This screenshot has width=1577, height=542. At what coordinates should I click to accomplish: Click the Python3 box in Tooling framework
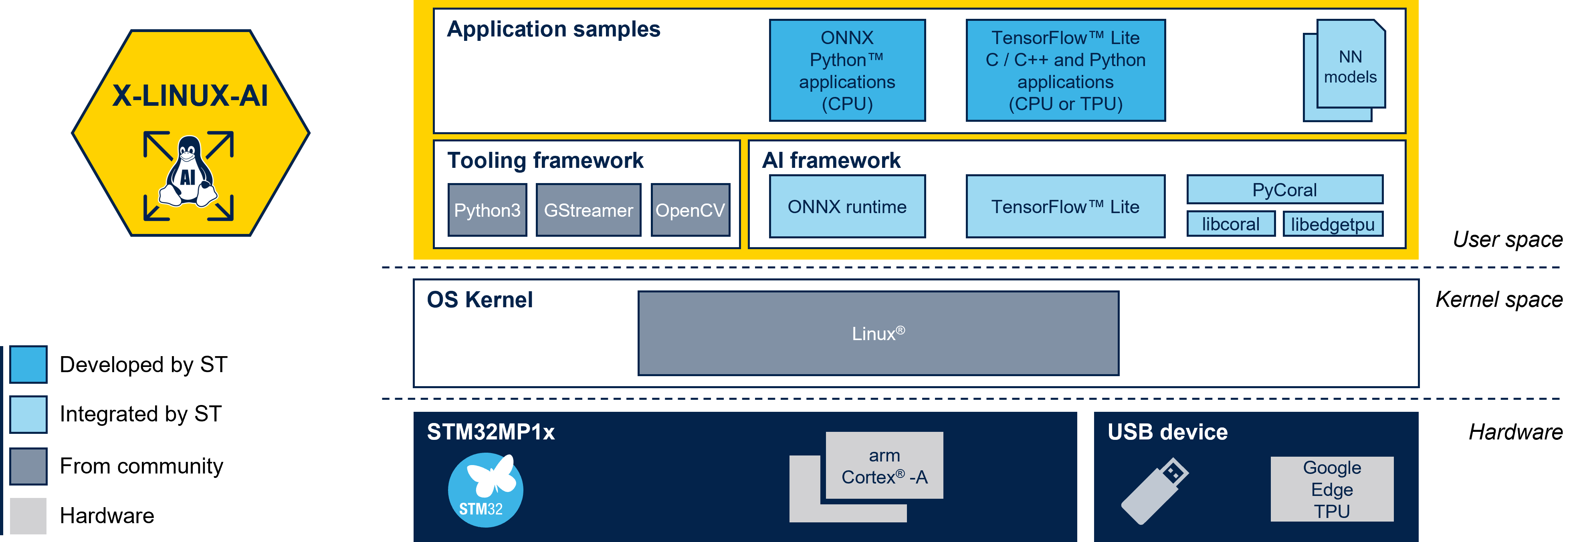(487, 210)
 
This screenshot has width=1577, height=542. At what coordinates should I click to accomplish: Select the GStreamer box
(588, 210)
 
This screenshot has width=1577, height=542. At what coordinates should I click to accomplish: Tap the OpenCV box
(691, 210)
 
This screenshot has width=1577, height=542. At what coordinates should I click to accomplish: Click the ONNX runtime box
(847, 206)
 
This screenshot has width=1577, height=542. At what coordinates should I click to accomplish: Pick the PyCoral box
(1284, 189)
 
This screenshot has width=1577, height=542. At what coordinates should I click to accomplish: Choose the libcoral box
(1230, 224)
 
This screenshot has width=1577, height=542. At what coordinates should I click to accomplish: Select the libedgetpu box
(1333, 224)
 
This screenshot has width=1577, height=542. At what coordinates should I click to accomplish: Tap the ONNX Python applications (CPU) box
(847, 71)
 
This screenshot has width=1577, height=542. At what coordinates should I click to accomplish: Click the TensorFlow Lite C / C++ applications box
(1065, 71)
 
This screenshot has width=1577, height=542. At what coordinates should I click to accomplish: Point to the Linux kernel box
(878, 333)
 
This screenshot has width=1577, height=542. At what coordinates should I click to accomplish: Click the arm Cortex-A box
(884, 465)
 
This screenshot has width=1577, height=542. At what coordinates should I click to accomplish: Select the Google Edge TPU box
(1332, 489)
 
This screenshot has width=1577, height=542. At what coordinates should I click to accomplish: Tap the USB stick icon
(1155, 491)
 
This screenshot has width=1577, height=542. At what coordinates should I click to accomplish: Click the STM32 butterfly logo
(485, 490)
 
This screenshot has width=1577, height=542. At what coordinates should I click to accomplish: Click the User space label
(1508, 239)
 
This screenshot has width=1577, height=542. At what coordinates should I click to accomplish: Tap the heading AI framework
(831, 160)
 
